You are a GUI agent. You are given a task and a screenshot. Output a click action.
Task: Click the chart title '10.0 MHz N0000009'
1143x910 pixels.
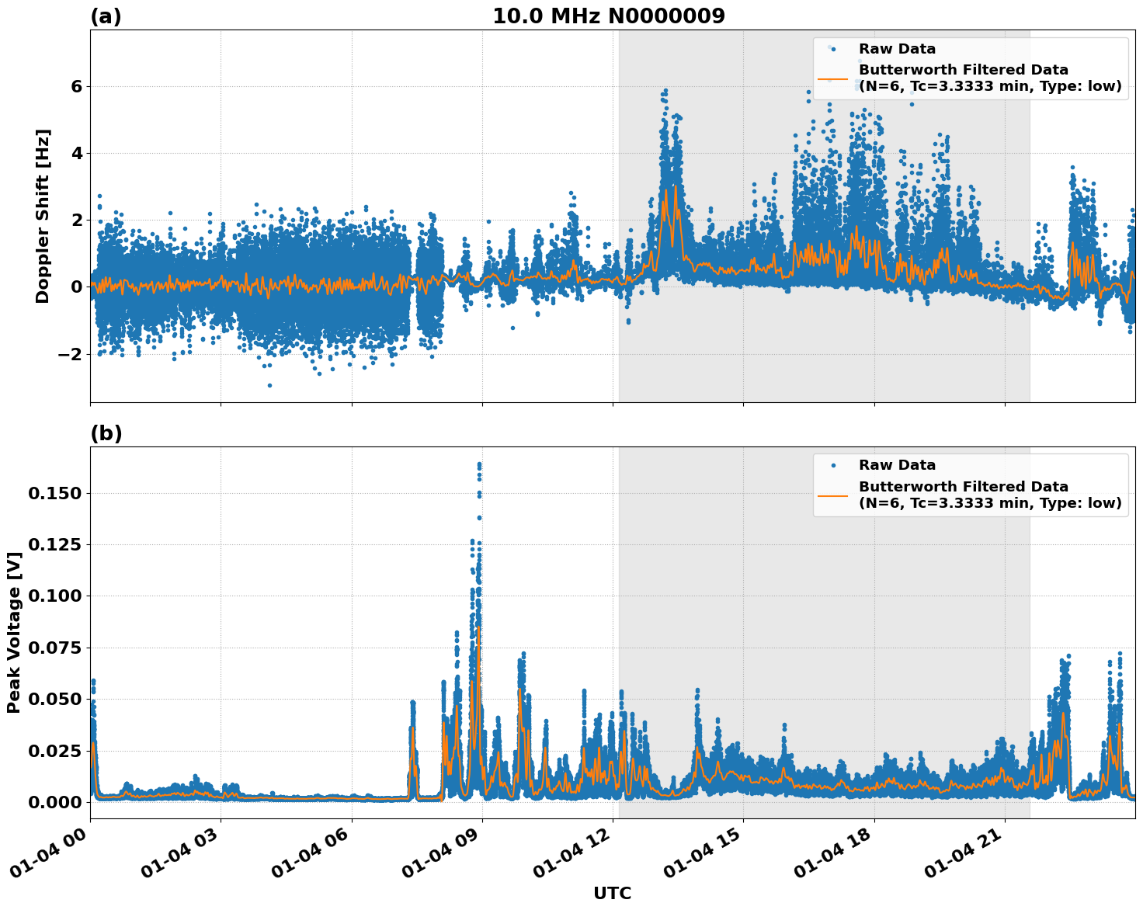(608, 16)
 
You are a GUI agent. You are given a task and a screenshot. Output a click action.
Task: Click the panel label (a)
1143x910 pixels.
(106, 16)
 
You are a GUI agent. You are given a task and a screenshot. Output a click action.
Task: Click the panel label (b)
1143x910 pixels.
(106, 433)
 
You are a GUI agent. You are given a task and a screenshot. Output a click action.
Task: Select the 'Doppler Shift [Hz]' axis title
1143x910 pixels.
(42, 216)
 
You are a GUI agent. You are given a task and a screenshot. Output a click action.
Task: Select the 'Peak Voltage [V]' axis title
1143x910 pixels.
(13, 632)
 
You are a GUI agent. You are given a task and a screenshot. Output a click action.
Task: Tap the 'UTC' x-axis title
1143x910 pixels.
(612, 893)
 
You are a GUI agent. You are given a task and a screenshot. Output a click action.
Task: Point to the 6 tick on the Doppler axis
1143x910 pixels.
(76, 86)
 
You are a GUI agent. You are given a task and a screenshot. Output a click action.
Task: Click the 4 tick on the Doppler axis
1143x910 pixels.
(76, 153)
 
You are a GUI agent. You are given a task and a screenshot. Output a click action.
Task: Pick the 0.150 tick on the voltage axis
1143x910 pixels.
(54, 493)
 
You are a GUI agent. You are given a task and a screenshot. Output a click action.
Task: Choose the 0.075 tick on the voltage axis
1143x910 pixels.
(54, 648)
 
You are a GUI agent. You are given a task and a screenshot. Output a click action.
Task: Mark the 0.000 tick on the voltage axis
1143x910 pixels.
(54, 802)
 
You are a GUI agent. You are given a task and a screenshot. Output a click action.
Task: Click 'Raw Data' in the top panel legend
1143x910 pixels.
(897, 49)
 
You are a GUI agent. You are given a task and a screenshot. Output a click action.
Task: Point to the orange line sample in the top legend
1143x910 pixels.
(832, 78)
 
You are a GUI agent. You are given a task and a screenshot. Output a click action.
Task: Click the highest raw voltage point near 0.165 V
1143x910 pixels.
(479, 464)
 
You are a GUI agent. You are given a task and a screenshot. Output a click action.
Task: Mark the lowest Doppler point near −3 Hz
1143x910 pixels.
(269, 385)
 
